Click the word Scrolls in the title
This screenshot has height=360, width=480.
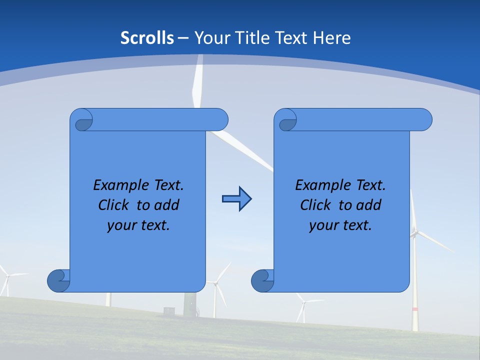click(147, 38)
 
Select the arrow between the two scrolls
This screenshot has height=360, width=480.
click(236, 199)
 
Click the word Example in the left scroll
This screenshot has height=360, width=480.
click(118, 185)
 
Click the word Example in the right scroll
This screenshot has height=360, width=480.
click(320, 185)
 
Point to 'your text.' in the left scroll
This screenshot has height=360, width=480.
click(138, 225)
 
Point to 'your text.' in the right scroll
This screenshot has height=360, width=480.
click(340, 225)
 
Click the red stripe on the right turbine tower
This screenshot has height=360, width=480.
click(414, 309)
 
